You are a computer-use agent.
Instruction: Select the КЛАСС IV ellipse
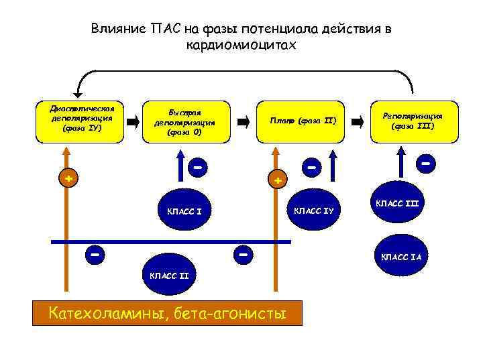(315, 211)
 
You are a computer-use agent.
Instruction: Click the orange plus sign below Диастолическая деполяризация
(68, 178)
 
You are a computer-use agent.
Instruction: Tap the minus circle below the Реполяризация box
(425, 162)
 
